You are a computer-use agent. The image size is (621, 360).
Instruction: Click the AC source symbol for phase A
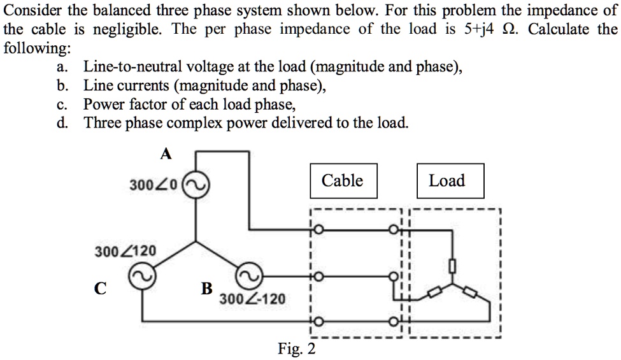[x=194, y=185]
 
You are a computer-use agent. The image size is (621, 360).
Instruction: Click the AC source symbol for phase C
[x=141, y=276]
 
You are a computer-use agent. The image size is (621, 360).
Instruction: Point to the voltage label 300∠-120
[x=253, y=299]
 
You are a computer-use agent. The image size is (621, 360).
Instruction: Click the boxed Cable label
[x=343, y=181]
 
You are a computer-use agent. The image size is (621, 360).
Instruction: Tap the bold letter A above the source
[x=166, y=154]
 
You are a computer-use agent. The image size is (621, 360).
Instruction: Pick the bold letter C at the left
[x=100, y=289]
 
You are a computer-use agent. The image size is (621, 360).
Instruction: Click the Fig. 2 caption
[x=297, y=349]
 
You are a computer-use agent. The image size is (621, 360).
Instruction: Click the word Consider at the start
[x=31, y=10]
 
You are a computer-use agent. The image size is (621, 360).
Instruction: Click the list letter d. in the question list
[x=62, y=122]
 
